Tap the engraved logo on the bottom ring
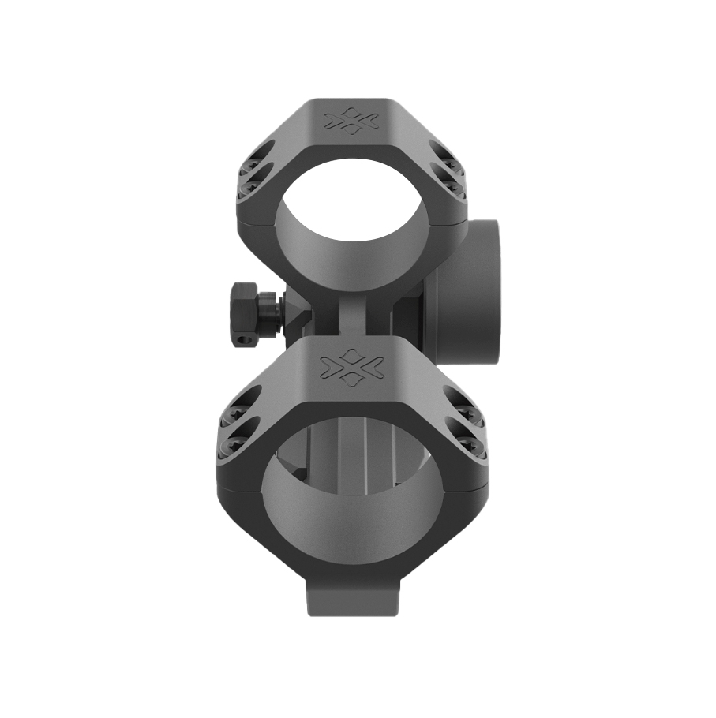tap(352, 366)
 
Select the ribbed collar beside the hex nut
tap(269, 312)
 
